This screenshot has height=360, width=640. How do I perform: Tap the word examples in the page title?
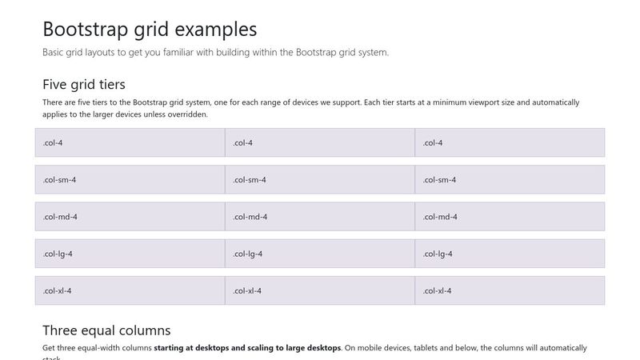coord(212,30)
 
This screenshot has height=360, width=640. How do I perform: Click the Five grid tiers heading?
coord(83,84)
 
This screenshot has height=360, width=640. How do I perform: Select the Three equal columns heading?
coord(106,330)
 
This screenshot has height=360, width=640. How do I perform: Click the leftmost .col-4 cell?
coord(130,142)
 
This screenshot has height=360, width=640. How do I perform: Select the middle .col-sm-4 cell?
coord(320,179)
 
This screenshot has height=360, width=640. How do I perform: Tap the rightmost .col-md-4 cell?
coord(510,216)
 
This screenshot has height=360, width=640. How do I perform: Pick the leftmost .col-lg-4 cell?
coord(130,254)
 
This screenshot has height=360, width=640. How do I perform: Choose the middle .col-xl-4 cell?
coord(320,290)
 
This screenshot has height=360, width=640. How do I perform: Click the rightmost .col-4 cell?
coord(510,142)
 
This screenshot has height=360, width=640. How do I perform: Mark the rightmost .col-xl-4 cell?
coord(510,290)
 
